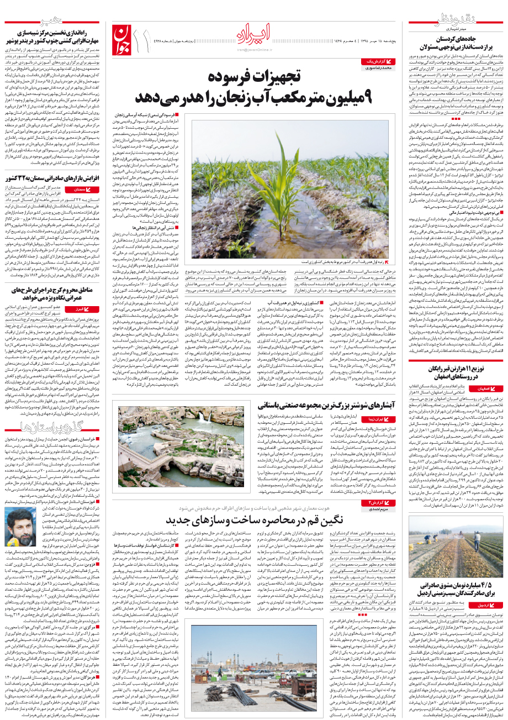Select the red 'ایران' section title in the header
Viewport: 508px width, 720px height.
[x=254, y=35]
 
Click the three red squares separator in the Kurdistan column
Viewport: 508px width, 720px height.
[x=455, y=118]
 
